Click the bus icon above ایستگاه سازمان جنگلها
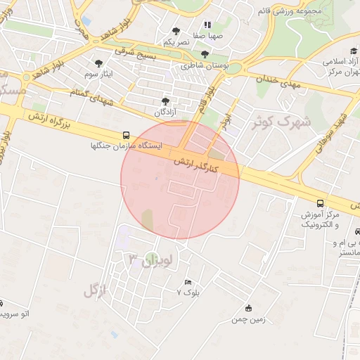(126, 134)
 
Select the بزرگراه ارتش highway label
(53, 122)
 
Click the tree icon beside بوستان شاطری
(205, 54)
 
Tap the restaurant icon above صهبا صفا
(207, 25)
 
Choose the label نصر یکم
(176, 42)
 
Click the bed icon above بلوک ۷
(187, 282)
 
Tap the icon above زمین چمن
(248, 308)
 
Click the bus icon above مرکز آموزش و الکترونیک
(321, 202)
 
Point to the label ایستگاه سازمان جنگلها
(127, 146)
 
